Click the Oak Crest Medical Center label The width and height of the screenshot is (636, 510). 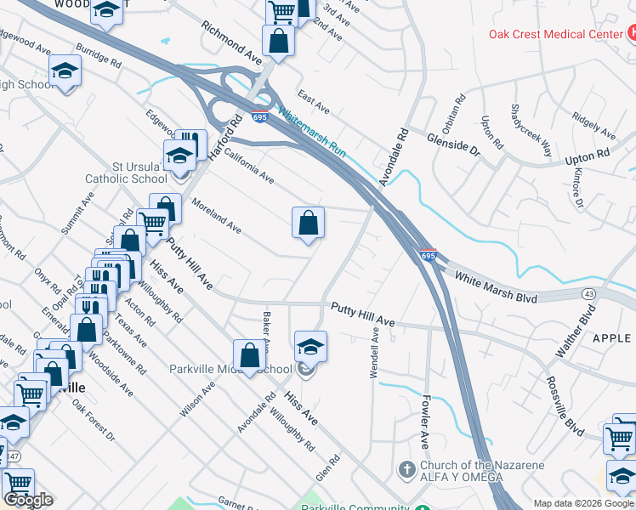pos(554,34)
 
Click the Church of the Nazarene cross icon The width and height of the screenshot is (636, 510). pos(406,469)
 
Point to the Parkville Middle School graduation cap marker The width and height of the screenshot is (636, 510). pos(310,347)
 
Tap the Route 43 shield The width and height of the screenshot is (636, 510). pos(588,293)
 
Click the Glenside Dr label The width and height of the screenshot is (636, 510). pos(453,142)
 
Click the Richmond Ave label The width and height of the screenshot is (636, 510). pos(231,40)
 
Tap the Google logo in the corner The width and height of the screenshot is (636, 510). pos(29,500)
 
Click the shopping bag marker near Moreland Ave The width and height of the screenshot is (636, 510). pos(308,223)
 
